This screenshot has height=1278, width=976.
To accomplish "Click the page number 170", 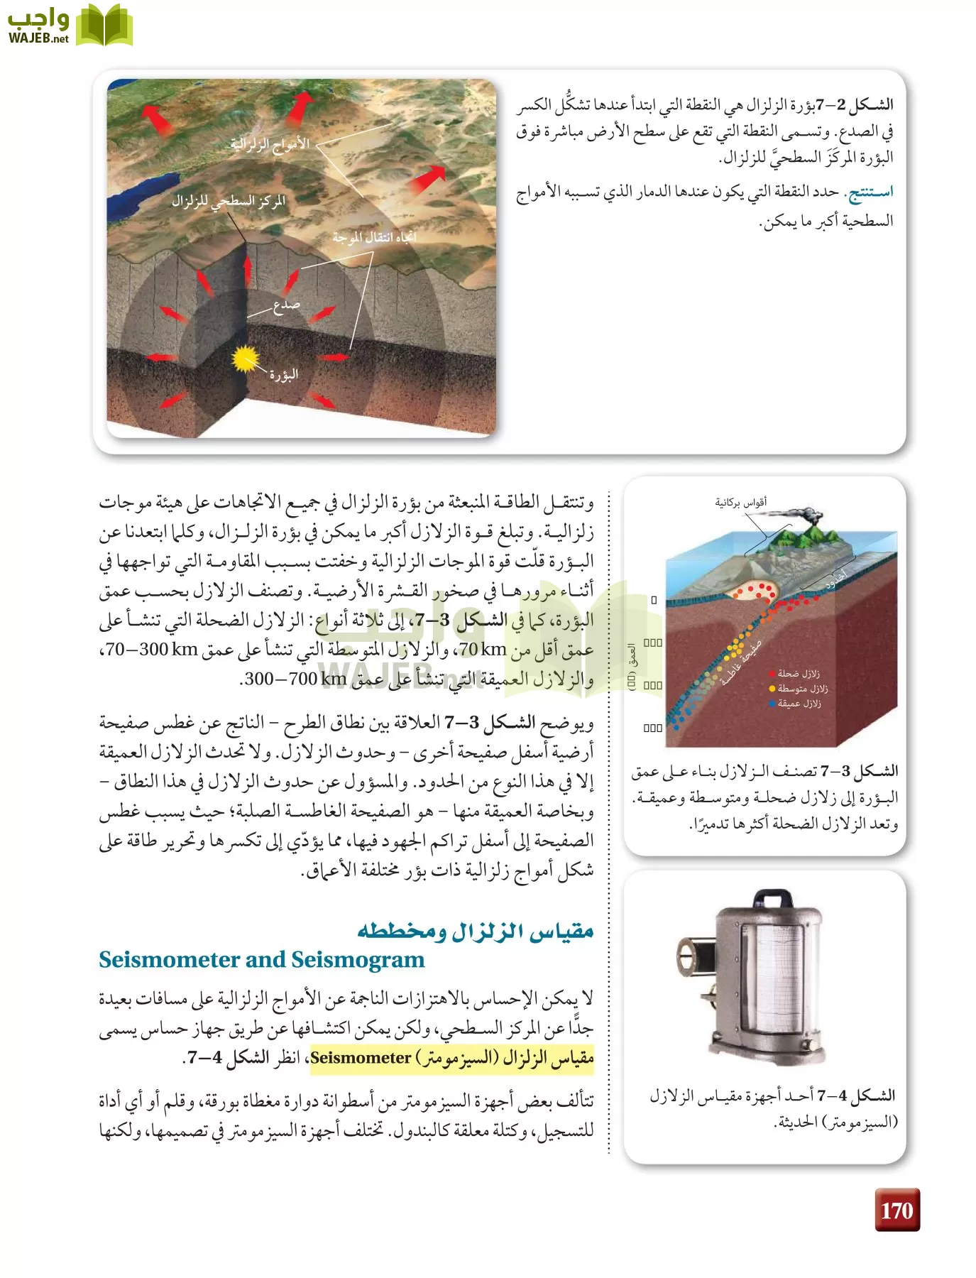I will point(897,1210).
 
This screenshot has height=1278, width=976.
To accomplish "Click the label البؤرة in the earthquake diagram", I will point(284,375).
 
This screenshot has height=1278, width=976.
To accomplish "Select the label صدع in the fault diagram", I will point(286,306).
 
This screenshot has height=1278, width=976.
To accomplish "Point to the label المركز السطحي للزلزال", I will point(228,202).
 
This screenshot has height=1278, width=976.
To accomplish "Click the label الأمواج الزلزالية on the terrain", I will point(270,144).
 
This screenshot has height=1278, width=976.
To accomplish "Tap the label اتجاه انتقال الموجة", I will point(374,237).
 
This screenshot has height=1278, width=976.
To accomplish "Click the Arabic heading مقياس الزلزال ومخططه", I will point(475,929).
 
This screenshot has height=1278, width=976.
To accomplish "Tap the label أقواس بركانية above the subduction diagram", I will point(740,503).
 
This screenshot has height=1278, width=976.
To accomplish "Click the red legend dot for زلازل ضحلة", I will point(772,674).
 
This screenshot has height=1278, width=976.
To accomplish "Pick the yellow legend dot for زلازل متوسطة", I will point(772,689).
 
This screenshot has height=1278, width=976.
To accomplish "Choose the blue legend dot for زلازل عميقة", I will point(772,704).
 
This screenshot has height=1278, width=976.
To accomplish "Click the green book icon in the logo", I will point(104,26).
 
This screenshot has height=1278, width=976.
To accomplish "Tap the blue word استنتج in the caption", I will point(870,192).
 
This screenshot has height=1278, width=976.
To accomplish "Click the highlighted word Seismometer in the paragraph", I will point(361,1058).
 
